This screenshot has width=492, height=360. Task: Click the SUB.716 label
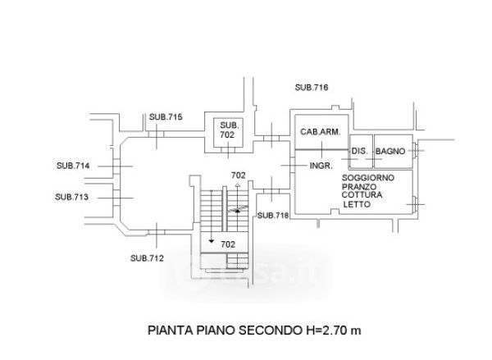point(312,88)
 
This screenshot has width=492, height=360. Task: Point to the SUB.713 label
point(71,197)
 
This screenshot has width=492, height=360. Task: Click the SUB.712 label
point(147,258)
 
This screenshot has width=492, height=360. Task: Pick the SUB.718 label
point(273,216)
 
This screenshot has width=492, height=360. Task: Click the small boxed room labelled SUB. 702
point(227,130)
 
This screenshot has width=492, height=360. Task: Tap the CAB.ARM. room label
point(319,133)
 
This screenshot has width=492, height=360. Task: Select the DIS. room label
point(358,153)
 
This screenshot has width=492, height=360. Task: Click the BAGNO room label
point(391,153)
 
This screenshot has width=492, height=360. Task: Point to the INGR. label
point(321,166)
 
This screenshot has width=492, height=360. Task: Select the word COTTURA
point(364,196)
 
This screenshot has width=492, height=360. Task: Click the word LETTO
point(358,205)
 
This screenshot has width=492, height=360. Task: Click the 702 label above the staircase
point(239,175)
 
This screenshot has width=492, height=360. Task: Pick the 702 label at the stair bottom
point(228,244)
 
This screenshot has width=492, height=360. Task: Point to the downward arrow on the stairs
point(212,241)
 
